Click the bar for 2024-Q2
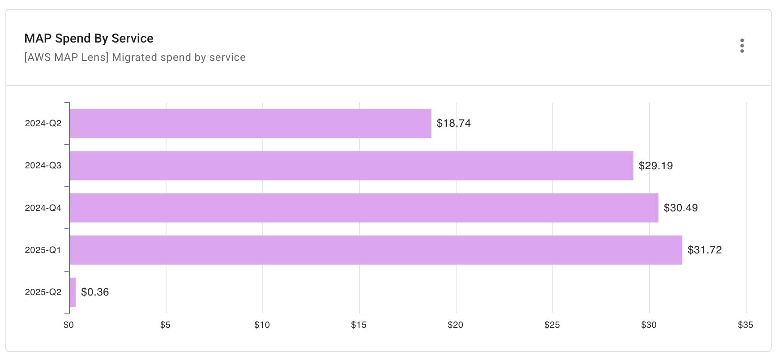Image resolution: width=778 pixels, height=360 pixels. point(250,124)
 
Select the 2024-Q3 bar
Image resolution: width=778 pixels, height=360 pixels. point(351,166)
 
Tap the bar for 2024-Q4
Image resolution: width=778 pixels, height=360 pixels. point(364,208)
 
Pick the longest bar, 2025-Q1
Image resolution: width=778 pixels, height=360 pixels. point(376,250)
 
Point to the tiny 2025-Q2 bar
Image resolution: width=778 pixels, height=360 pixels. point(73,292)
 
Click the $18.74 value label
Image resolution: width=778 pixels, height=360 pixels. point(453,124)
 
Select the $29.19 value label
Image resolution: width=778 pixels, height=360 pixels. point(655,166)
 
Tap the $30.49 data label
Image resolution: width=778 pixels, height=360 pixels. point(680,208)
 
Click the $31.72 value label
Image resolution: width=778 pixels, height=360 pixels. point(704,250)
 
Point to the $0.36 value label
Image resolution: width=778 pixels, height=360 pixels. point(95,292)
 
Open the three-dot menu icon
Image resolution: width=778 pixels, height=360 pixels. point(742,46)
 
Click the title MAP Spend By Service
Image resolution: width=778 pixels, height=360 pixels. point(89,39)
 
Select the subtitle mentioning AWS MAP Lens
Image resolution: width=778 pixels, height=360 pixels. point(135,57)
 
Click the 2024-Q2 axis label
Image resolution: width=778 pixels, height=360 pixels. point(43,124)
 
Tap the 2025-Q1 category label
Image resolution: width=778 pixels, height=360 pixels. point(43,250)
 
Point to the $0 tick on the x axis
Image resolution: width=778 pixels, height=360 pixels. point(68,325)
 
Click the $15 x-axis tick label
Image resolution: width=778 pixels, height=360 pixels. point(359,325)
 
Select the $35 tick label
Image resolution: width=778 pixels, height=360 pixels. point(745,325)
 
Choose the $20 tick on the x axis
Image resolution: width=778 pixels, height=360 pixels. point(455,325)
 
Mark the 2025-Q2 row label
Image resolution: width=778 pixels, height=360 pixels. point(43,292)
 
